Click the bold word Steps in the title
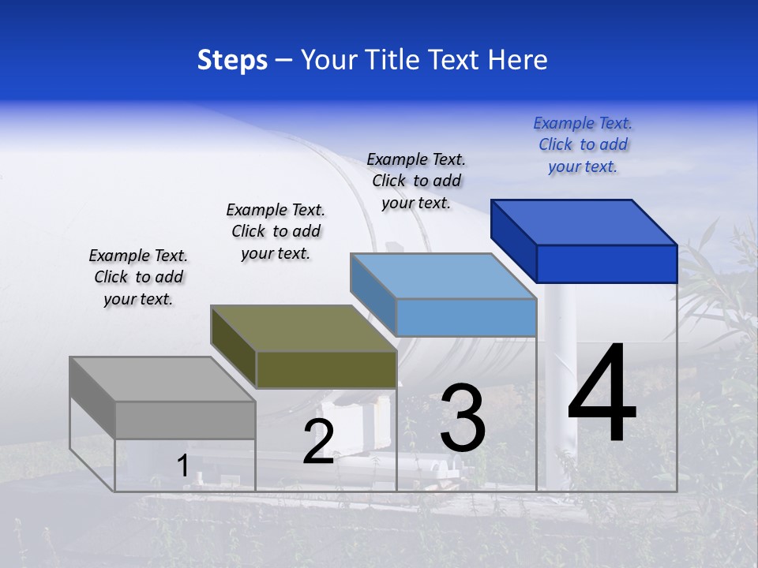point(232,60)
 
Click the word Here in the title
point(517,60)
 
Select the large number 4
point(602,394)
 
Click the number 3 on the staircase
point(463,418)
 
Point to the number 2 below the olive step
point(318,442)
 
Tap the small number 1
point(182,465)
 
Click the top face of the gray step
point(162,379)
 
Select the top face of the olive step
point(303,328)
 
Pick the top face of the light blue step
point(443,276)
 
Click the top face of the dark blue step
point(584,222)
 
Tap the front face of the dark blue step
point(606,263)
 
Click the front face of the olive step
point(326,370)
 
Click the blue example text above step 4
point(583,144)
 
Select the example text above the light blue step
point(416,181)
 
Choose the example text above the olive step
point(276,231)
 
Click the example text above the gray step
point(138,277)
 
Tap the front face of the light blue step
point(466,318)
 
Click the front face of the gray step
point(186,420)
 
